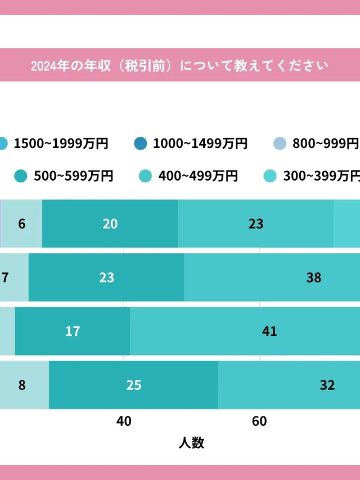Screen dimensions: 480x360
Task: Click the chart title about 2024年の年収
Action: point(179,65)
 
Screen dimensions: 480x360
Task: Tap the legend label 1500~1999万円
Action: point(61,143)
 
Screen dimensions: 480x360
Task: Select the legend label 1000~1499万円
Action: point(200,143)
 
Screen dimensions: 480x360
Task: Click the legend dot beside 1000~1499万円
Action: point(141,143)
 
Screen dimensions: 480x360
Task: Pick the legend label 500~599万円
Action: point(73,176)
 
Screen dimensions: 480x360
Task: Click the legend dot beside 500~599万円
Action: point(21,176)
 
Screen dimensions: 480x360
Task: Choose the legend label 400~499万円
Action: point(198,176)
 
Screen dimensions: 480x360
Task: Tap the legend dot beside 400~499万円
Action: point(145,176)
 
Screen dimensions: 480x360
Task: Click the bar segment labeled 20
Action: point(110,223)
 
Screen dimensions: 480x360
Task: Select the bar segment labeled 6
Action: point(22,223)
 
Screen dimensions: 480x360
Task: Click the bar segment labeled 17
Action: point(73,331)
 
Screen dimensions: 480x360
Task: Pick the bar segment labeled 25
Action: point(134,385)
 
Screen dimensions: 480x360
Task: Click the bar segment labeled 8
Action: point(22,385)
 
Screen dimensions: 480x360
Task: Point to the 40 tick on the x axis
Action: point(124,421)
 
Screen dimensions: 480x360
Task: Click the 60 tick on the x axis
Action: point(259,421)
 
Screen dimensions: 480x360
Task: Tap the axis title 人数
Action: point(191,443)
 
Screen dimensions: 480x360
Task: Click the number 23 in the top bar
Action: point(256,223)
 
